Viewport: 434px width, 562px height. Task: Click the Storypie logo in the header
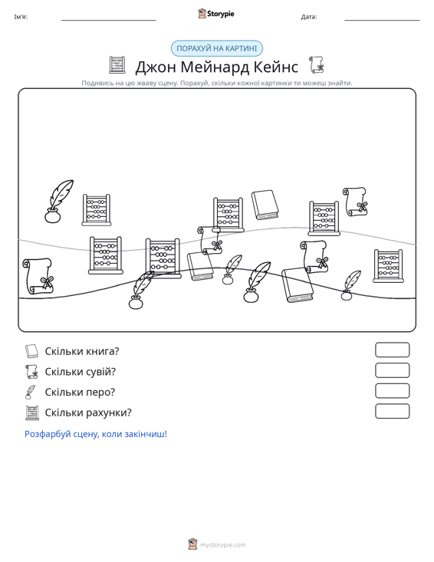216,14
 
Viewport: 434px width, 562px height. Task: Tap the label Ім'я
21,17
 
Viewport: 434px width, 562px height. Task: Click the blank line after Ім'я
109,20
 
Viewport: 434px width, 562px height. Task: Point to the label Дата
309,17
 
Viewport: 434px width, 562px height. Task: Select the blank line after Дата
382,20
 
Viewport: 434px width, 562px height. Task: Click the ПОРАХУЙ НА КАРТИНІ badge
217,48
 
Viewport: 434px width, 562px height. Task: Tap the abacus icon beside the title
117,65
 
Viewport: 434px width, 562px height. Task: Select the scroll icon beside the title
317,65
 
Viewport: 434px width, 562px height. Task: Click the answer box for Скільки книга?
392,350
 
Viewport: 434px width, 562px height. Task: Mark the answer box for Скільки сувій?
392,370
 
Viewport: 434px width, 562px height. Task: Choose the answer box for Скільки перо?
392,391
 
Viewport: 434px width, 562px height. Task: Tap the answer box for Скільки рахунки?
392,411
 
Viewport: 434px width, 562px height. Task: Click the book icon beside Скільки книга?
31,351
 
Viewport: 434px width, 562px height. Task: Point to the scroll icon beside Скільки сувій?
31,371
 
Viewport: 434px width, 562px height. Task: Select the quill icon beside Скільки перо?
31,392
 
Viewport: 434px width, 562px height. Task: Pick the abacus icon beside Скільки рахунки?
32,412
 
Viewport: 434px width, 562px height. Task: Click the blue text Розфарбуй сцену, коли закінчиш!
96,434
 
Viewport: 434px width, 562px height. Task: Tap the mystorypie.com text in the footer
222,545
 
